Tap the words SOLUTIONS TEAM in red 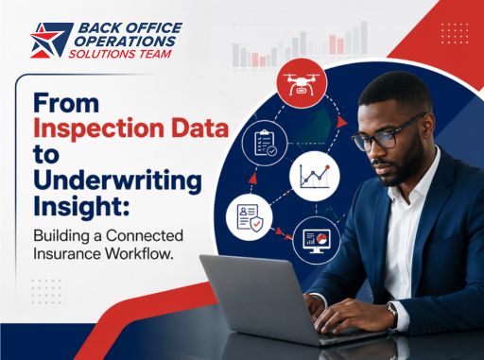[120, 54]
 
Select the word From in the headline [66, 103]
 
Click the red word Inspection [98, 129]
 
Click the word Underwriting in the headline [117, 182]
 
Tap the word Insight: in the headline [81, 207]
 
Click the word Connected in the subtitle [145, 235]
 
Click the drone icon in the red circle [302, 84]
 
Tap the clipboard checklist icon [265, 144]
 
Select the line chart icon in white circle [315, 176]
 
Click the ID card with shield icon [250, 218]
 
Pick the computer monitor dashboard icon [317, 241]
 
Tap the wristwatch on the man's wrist [393, 312]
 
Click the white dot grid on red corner [455, 33]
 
